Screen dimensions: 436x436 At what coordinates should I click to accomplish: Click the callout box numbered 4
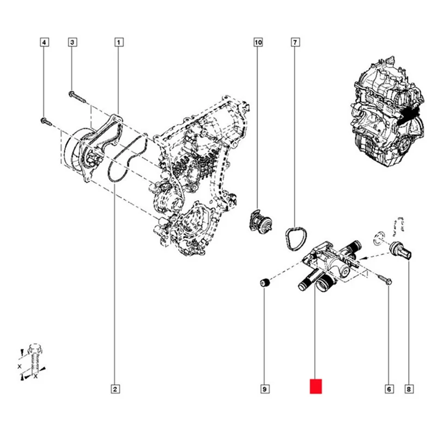coord(45,41)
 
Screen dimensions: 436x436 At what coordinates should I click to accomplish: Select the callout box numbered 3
coord(72,41)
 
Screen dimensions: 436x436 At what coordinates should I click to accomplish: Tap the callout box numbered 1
coord(118,41)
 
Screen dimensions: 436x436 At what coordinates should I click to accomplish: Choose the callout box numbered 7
coord(295,41)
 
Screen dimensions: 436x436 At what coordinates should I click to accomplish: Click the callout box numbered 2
coord(115,389)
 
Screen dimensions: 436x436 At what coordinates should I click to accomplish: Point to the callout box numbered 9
coord(264,389)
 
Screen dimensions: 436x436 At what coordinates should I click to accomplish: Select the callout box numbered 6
coord(389,389)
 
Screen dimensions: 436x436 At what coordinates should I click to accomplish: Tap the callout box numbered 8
coord(408,389)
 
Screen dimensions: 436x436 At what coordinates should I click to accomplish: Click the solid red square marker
coord(316,386)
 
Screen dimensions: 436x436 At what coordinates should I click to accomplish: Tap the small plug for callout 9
coord(264,283)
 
